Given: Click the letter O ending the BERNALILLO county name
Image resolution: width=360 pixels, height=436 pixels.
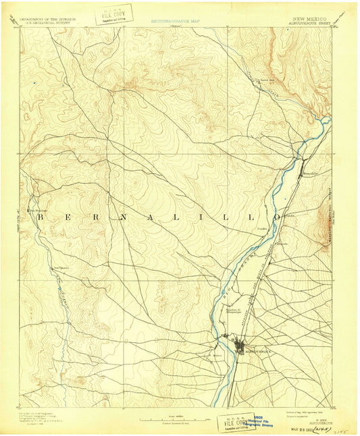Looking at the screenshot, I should pyautogui.click(x=277, y=217).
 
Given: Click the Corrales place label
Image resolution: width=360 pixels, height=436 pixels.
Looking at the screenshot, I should pyautogui.click(x=263, y=227).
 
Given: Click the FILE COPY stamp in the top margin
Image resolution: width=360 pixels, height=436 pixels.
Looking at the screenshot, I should pyautogui.click(x=115, y=13).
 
